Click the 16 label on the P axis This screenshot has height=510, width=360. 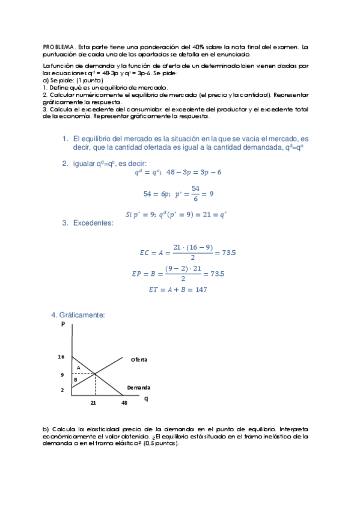click(x=61, y=357)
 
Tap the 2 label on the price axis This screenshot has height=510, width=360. click(x=62, y=390)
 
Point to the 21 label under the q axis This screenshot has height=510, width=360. click(x=94, y=403)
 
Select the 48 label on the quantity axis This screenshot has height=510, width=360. click(x=124, y=403)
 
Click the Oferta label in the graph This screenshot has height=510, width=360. click(x=139, y=360)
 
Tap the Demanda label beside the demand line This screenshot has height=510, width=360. click(x=139, y=388)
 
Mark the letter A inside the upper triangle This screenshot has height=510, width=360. click(x=78, y=367)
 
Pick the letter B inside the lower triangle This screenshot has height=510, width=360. click(x=75, y=379)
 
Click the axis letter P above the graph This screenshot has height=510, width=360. click(x=63, y=324)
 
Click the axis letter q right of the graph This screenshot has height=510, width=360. click(x=146, y=398)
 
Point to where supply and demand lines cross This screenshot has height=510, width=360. click(x=95, y=374)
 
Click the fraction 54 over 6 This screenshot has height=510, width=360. click(x=195, y=194)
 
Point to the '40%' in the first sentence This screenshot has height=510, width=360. click(x=201, y=46)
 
